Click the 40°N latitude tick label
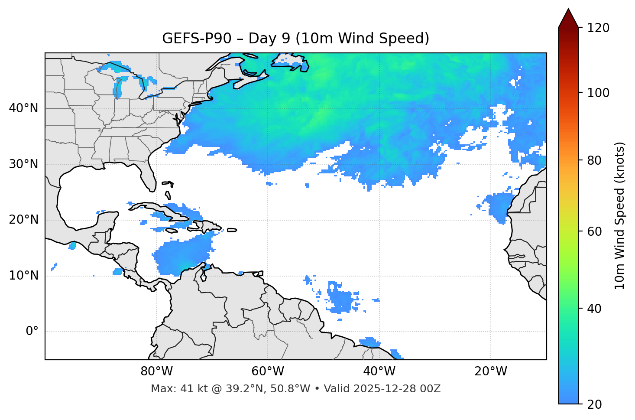coord(23,108)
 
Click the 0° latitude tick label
coord(32,332)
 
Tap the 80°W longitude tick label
coord(156,371)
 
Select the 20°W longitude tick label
coord(491,371)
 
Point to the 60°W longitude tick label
coord(268,371)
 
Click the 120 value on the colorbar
coord(598,28)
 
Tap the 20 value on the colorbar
coord(595,404)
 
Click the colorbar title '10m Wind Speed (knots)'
coord(620,215)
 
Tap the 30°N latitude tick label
coord(23,164)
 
